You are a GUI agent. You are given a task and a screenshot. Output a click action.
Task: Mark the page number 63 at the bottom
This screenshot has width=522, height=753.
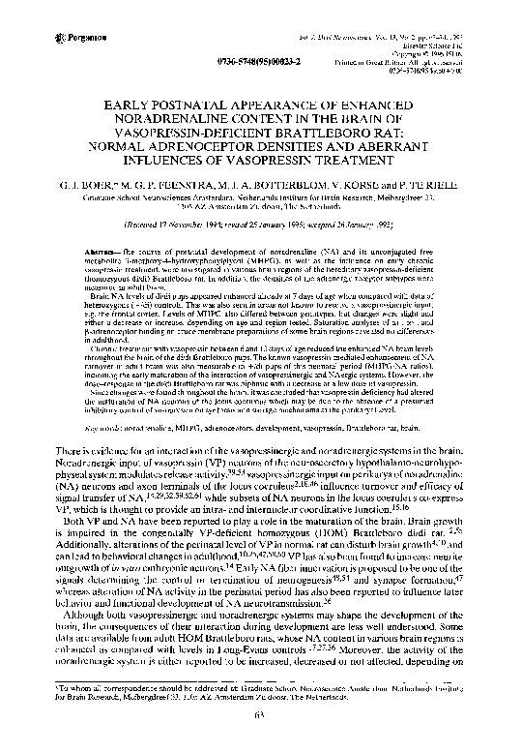[261, 740]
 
